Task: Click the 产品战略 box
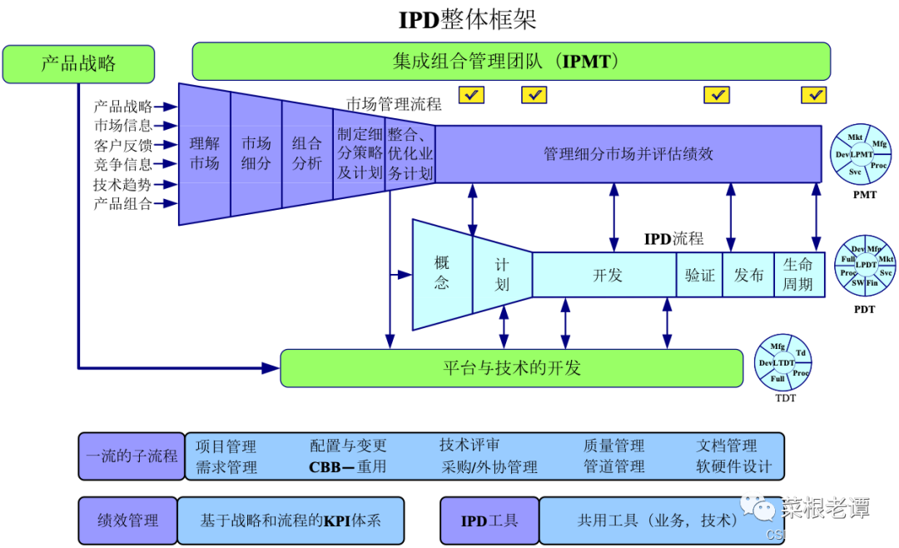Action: (x=78, y=64)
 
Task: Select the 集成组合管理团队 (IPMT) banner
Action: (x=511, y=62)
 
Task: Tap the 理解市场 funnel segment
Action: (x=205, y=153)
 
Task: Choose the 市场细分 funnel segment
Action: (x=256, y=153)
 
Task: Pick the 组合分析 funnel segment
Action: (x=307, y=153)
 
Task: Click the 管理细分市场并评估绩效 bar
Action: (x=628, y=154)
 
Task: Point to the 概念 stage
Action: (x=442, y=273)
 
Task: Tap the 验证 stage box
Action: (x=700, y=275)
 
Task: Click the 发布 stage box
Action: (x=748, y=275)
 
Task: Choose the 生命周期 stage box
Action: (x=798, y=275)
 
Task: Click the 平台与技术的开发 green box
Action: (x=511, y=368)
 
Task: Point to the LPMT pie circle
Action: (x=861, y=154)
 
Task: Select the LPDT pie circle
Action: (x=866, y=265)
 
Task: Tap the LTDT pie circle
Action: (x=782, y=362)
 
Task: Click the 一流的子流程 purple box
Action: (x=132, y=456)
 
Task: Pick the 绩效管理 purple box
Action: (x=127, y=521)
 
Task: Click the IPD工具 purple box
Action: (x=489, y=521)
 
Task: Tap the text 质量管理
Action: (x=613, y=446)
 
